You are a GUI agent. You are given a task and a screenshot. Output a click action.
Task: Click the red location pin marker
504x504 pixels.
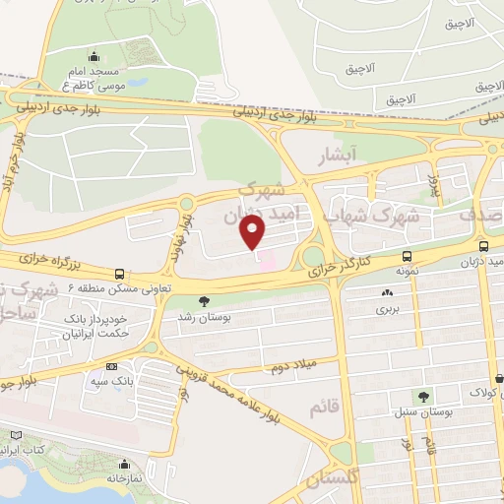tap(253, 232)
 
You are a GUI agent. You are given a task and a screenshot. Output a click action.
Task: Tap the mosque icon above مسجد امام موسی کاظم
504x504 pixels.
tap(93, 56)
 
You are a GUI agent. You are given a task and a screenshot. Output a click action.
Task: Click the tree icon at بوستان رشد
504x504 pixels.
tap(204, 301)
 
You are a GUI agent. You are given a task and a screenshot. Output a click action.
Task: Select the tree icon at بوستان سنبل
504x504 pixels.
tap(423, 397)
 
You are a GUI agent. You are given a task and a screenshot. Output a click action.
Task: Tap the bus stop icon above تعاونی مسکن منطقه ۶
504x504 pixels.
tap(119, 274)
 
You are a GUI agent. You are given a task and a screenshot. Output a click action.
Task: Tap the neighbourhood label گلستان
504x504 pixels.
tap(328, 479)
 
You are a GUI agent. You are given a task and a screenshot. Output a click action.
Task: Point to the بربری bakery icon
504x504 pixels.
tap(384, 292)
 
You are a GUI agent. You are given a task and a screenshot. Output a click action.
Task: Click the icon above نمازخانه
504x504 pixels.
tap(124, 465)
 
